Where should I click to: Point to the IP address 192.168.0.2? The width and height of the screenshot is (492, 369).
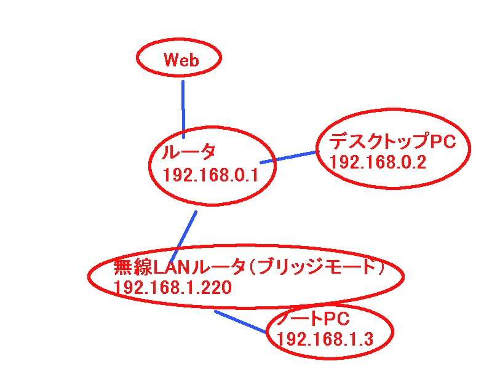pos(378,162)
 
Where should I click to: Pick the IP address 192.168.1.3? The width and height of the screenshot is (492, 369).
pos(325,339)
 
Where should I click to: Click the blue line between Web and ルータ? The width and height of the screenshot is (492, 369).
pos(183,108)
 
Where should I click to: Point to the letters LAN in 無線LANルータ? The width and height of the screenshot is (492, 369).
pos(171,268)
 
